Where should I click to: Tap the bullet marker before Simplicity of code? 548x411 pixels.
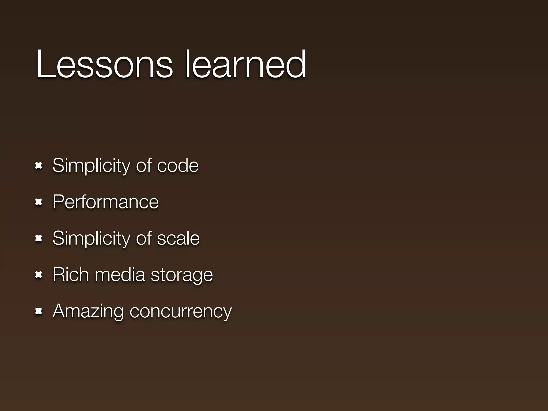pyautogui.click(x=39, y=166)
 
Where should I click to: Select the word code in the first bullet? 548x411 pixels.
pyautogui.click(x=178, y=166)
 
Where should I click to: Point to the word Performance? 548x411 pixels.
pyautogui.click(x=106, y=202)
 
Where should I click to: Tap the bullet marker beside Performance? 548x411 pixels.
pyautogui.click(x=39, y=202)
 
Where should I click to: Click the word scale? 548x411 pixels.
pyautogui.click(x=178, y=238)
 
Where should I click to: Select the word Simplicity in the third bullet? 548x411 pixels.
pyautogui.click(x=91, y=238)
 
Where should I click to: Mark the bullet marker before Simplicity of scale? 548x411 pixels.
pyautogui.click(x=39, y=239)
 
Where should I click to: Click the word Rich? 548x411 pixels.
pyautogui.click(x=71, y=275)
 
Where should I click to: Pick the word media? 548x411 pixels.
pyautogui.click(x=120, y=275)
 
